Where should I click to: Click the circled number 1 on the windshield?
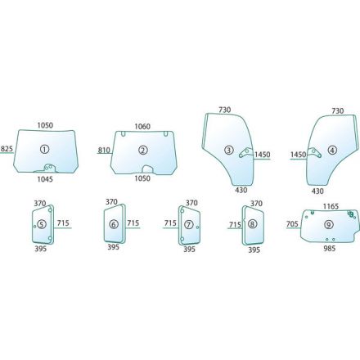(44, 149)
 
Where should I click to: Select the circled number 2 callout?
(143, 150)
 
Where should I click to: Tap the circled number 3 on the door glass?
(229, 150)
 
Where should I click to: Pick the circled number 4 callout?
(332, 150)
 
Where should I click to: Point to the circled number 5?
(42, 224)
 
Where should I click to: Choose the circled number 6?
(114, 224)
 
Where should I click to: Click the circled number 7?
(189, 224)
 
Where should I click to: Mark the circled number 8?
(253, 224)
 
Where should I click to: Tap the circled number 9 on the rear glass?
(329, 224)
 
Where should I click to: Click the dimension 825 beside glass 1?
(7, 149)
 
